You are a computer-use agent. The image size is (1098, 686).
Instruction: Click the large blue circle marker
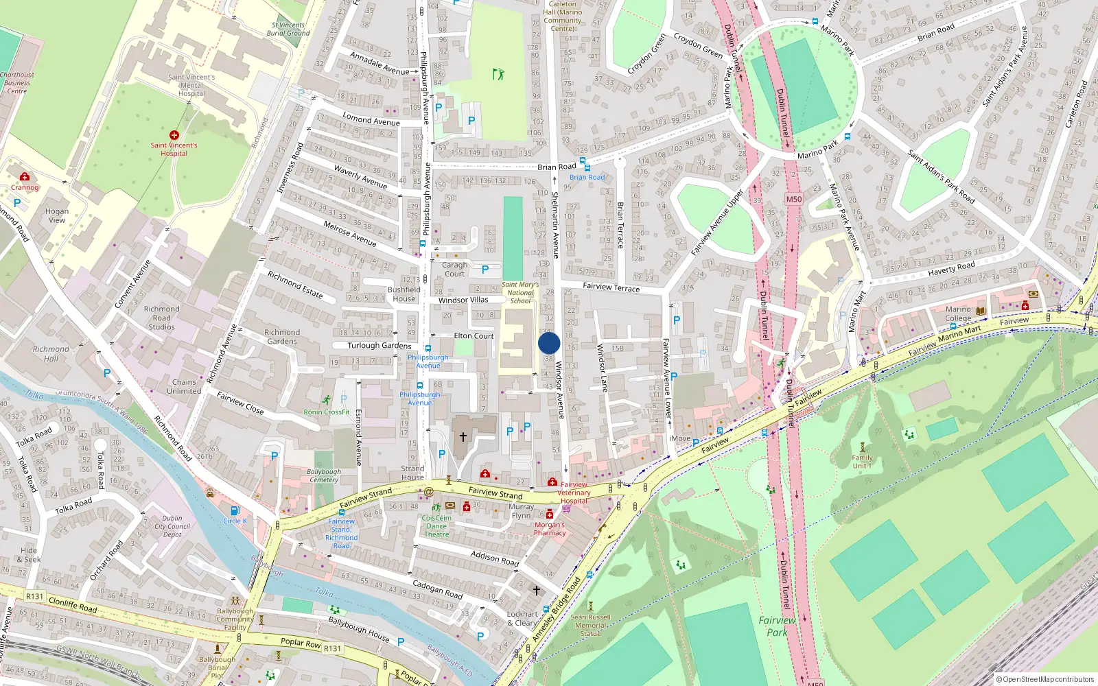coord(549,343)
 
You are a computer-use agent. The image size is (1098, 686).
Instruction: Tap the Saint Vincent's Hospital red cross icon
coord(174,135)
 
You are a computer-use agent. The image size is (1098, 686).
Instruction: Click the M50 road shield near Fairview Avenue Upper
coord(793,199)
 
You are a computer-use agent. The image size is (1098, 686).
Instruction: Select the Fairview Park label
coord(777,626)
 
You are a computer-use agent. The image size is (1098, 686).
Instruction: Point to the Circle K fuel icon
coord(235,510)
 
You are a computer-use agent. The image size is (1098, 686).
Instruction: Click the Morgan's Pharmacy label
coord(550,528)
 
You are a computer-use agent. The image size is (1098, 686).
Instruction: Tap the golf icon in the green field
coord(498,73)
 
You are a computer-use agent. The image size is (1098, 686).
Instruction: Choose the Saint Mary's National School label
coord(520,293)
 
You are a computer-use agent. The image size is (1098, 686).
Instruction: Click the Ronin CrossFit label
coord(327,412)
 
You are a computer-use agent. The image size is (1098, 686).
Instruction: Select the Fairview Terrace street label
coord(611,287)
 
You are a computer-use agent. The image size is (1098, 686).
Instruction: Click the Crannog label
coord(25,187)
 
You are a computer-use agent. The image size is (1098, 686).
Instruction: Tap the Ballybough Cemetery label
coord(323,475)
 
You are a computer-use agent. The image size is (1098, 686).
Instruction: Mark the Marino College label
coord(958,314)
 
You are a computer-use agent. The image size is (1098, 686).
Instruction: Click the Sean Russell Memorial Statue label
coord(590,625)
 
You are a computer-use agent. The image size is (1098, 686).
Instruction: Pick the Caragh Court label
coord(454,269)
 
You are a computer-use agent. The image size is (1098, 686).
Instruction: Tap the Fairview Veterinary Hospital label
coord(574,493)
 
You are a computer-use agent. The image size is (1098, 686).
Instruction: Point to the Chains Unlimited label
coord(184,386)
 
